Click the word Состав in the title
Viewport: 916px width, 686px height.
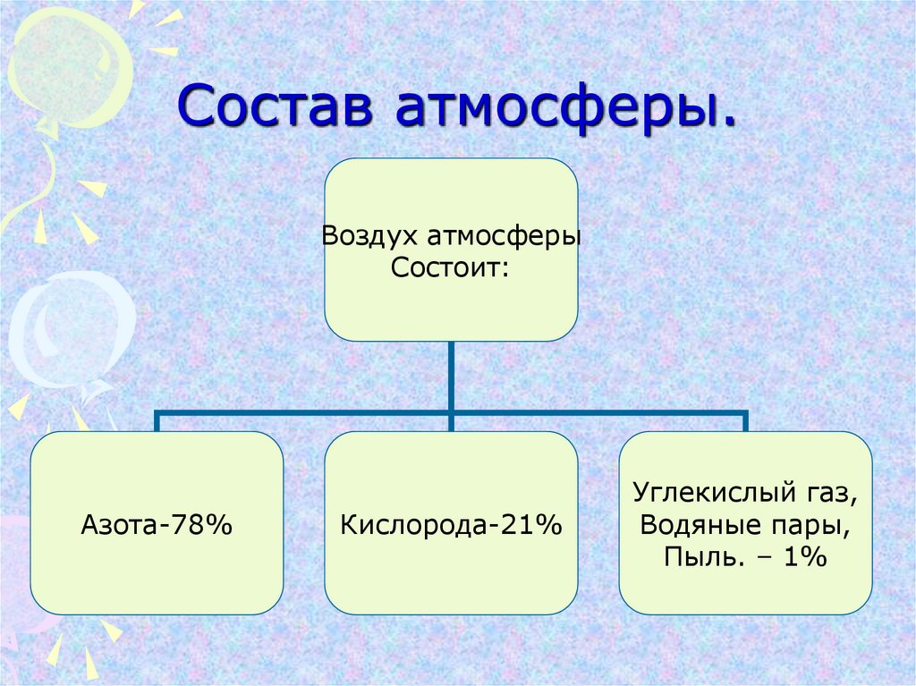[275, 106]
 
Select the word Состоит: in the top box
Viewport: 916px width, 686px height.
[450, 268]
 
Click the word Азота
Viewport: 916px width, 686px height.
[119, 525]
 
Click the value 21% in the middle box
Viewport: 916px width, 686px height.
[532, 525]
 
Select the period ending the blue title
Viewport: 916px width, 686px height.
[727, 122]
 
